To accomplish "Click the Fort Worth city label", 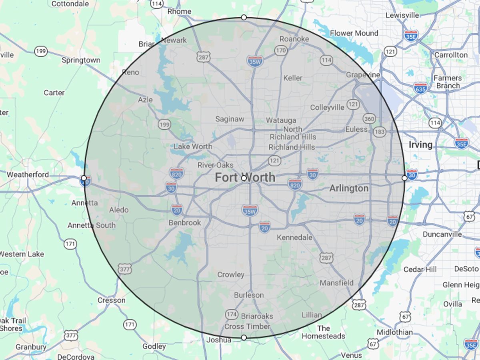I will pyautogui.click(x=245, y=177).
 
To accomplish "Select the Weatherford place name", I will pyautogui.click(x=28, y=174).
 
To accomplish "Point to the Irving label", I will pyautogui.click(x=420, y=144).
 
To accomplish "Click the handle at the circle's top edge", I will pyautogui.click(x=244, y=18).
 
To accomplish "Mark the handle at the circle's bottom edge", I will pyautogui.click(x=244, y=338).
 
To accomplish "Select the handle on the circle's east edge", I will pyautogui.click(x=404, y=178).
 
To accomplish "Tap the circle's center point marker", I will pyautogui.click(x=244, y=178).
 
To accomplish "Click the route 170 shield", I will pyautogui.click(x=281, y=50).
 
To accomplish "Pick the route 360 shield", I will pyautogui.click(x=369, y=118).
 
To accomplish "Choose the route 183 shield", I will pyautogui.click(x=380, y=132).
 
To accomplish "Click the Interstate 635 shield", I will pyautogui.click(x=420, y=88).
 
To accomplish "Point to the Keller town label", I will pyautogui.click(x=293, y=78).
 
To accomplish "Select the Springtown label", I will pyautogui.click(x=81, y=60).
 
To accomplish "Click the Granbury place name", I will pyautogui.click(x=31, y=347).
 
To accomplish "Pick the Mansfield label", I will pyautogui.click(x=337, y=283).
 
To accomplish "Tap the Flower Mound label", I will pyautogui.click(x=354, y=33).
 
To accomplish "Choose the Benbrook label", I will pyautogui.click(x=185, y=222).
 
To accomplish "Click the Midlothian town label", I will pyautogui.click(x=394, y=332).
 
